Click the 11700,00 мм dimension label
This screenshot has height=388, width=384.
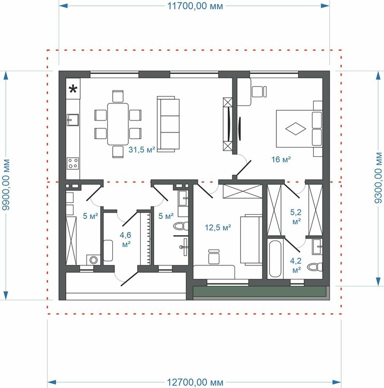pyautogui.click(x=195, y=6)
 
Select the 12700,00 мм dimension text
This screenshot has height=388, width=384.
pyautogui.click(x=195, y=382)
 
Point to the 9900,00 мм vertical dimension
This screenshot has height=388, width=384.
pyautogui.click(x=6, y=185)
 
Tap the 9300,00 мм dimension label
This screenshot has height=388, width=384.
pyautogui.click(x=378, y=177)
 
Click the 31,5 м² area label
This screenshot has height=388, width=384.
pyautogui.click(x=142, y=150)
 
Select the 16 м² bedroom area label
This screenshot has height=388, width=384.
pyautogui.click(x=281, y=159)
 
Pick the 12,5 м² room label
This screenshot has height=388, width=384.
pyautogui.click(x=218, y=228)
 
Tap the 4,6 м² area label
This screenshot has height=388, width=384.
pyautogui.click(x=126, y=240)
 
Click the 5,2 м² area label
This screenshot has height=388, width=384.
pyautogui.click(x=296, y=217)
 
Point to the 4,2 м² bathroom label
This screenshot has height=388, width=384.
pyautogui.click(x=296, y=265)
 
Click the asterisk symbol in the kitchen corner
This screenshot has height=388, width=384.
pyautogui.click(x=73, y=89)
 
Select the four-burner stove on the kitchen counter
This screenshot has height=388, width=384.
pyautogui.click(x=73, y=163)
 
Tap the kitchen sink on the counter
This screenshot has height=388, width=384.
pyautogui.click(x=73, y=120)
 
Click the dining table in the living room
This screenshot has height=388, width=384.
pyautogui.click(x=118, y=124)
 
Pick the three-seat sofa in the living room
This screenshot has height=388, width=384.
pyautogui.click(x=168, y=124)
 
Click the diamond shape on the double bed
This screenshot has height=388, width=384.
pyautogui.click(x=296, y=129)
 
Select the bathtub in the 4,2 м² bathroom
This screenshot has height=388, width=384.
pyautogui.click(x=275, y=259)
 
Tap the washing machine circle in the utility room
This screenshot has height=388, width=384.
pyautogui.click(x=94, y=260)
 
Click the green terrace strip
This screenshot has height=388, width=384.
pyautogui.click(x=259, y=291)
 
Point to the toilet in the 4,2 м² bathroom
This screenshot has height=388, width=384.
pyautogui.click(x=315, y=267)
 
